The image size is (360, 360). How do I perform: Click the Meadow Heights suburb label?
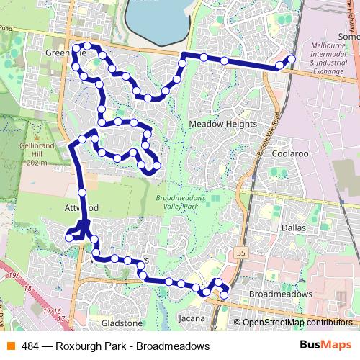click(x=222, y=124)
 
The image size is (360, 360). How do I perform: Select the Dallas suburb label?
click(x=294, y=228)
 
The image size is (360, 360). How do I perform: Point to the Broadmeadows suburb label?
click(x=280, y=295)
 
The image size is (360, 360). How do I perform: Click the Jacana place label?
click(x=192, y=318)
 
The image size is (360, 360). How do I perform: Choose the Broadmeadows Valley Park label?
click(x=180, y=202)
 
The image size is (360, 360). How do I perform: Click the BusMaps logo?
click(x=325, y=346)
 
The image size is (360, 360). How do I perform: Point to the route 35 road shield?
click(x=240, y=253)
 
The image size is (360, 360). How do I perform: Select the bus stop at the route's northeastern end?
click(x=291, y=59)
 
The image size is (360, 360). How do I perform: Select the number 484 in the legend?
click(x=30, y=346)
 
